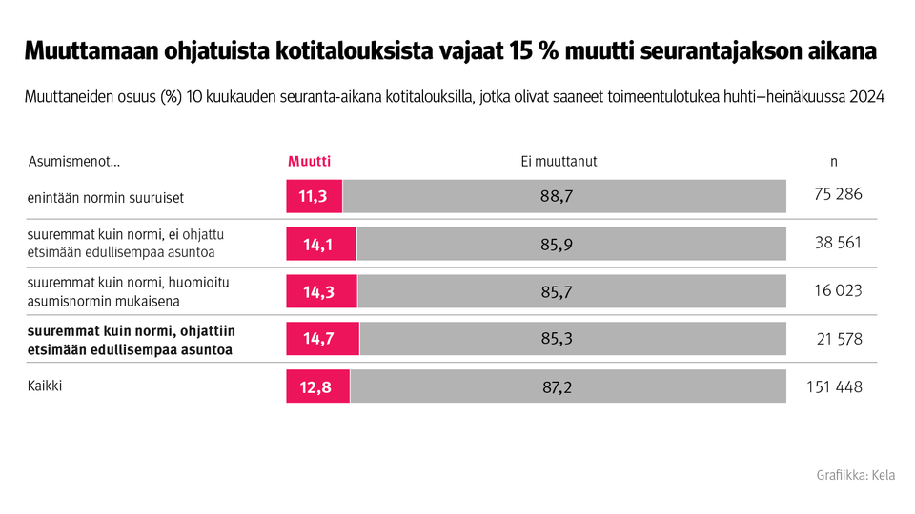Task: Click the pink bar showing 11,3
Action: (314, 197)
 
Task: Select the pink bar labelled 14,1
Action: (321, 244)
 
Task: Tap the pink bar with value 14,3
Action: (321, 291)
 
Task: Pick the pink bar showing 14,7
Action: (322, 338)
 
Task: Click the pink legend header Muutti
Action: (309, 162)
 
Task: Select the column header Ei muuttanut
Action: (552, 162)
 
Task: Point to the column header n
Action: (834, 162)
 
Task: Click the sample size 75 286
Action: (838, 194)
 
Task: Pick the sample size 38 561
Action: (838, 243)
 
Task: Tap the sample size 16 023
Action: (838, 290)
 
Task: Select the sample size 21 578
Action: (838, 338)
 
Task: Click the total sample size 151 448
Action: (834, 386)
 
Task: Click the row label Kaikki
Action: (45, 386)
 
